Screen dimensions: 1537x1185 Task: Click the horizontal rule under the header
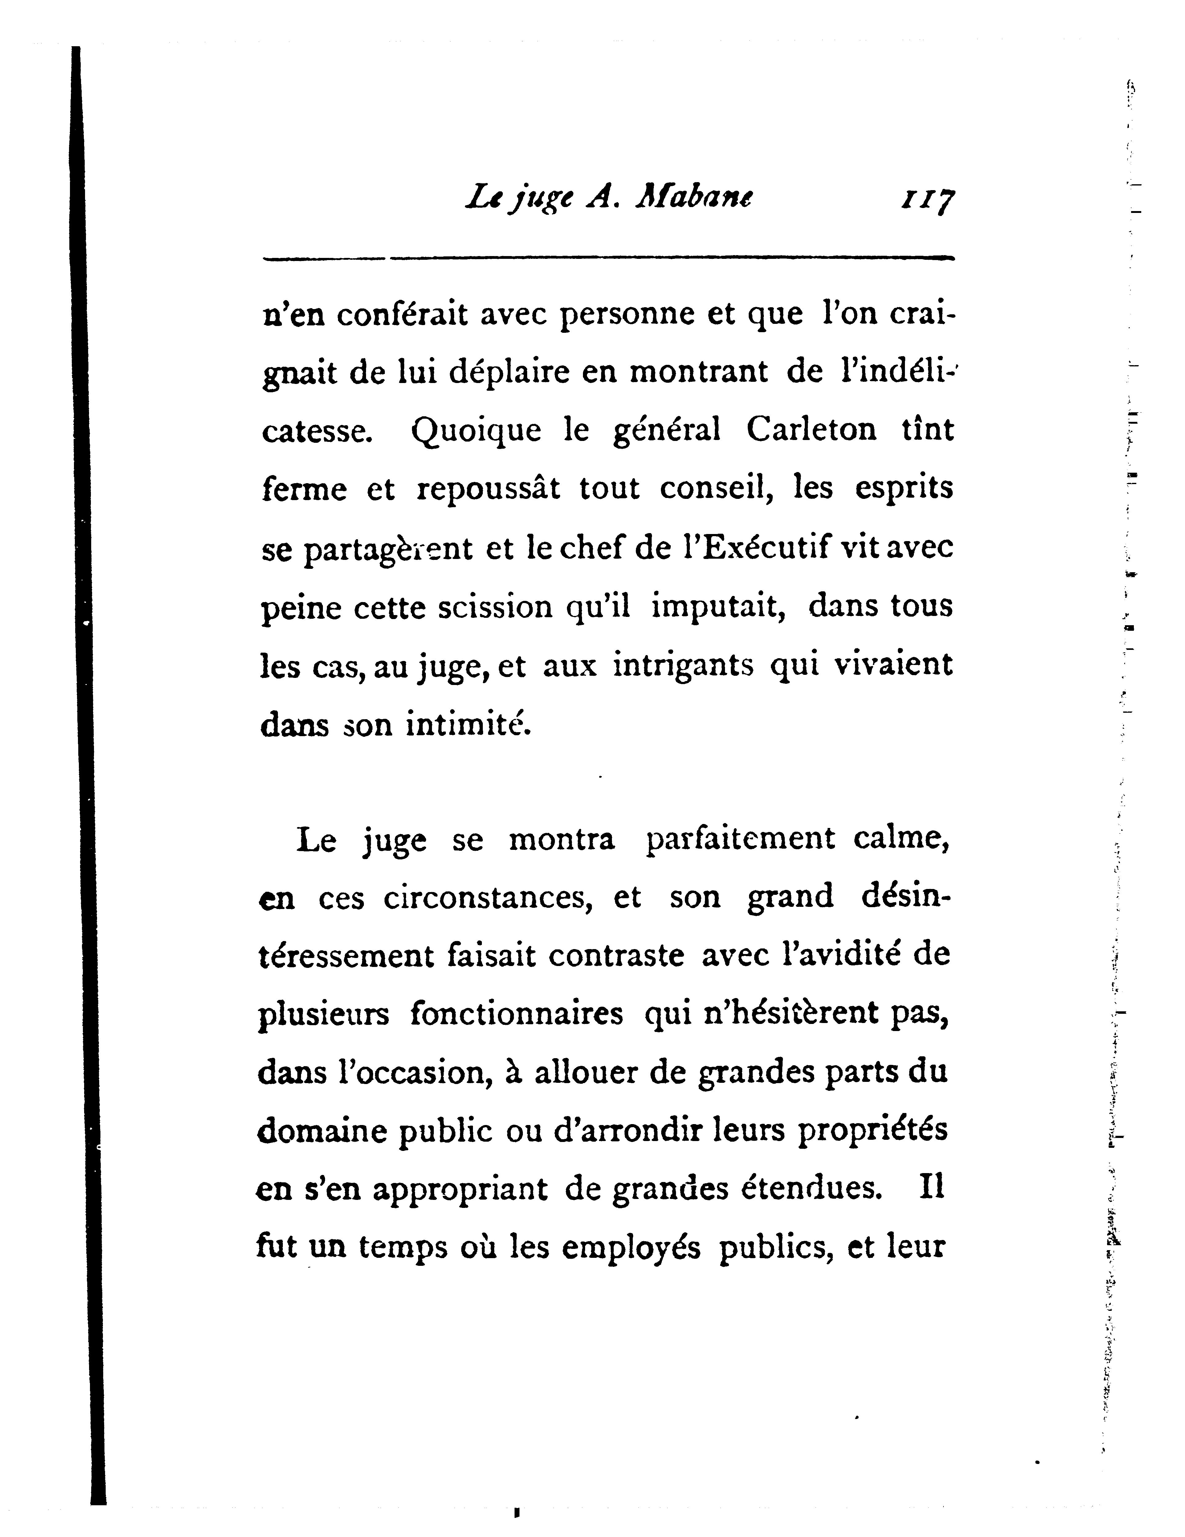(x=608, y=258)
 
